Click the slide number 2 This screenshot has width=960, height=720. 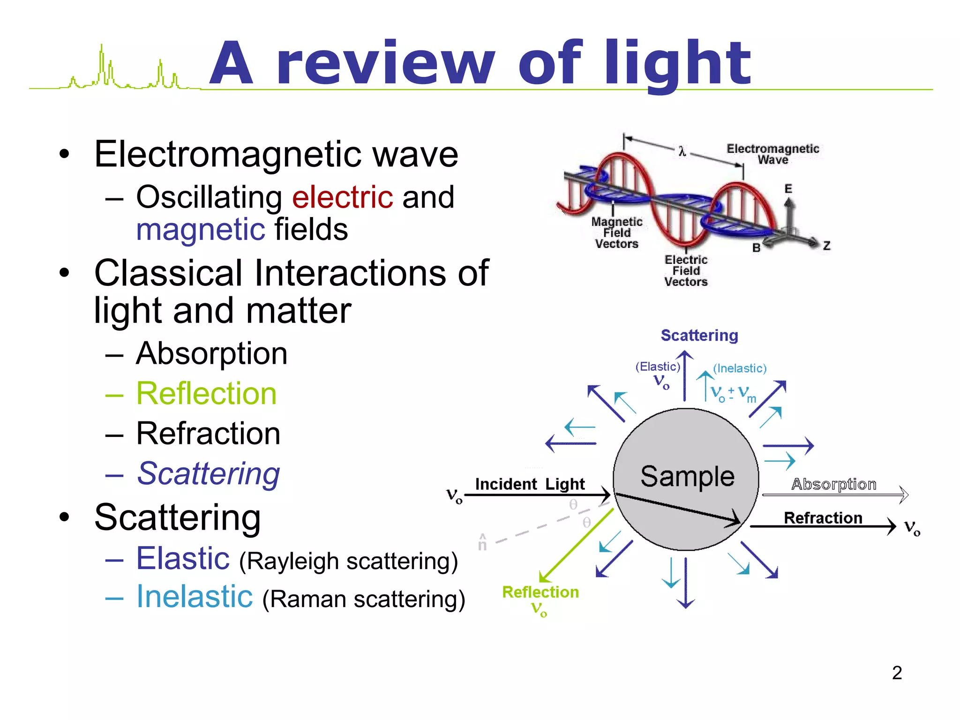click(x=897, y=673)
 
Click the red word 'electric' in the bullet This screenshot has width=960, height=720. click(x=342, y=197)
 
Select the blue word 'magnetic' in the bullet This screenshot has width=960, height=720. click(x=201, y=230)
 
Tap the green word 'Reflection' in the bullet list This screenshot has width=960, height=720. click(x=206, y=393)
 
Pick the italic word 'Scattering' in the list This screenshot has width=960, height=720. click(x=209, y=473)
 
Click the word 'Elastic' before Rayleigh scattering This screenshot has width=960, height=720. click(x=183, y=558)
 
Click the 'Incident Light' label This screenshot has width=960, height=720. click(x=530, y=484)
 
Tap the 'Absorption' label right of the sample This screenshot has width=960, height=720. click(x=834, y=484)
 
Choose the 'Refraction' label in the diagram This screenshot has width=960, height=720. click(x=823, y=517)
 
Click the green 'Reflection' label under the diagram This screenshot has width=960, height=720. click(x=540, y=592)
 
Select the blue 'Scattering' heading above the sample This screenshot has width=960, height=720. click(x=699, y=335)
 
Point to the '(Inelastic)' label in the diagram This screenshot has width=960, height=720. click(x=740, y=368)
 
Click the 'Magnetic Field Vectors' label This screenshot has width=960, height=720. click(x=616, y=232)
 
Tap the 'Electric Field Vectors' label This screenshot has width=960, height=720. click(x=686, y=270)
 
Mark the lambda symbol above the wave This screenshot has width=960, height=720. click(x=682, y=151)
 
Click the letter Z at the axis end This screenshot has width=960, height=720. click(x=826, y=246)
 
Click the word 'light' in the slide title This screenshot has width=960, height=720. click(x=677, y=63)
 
